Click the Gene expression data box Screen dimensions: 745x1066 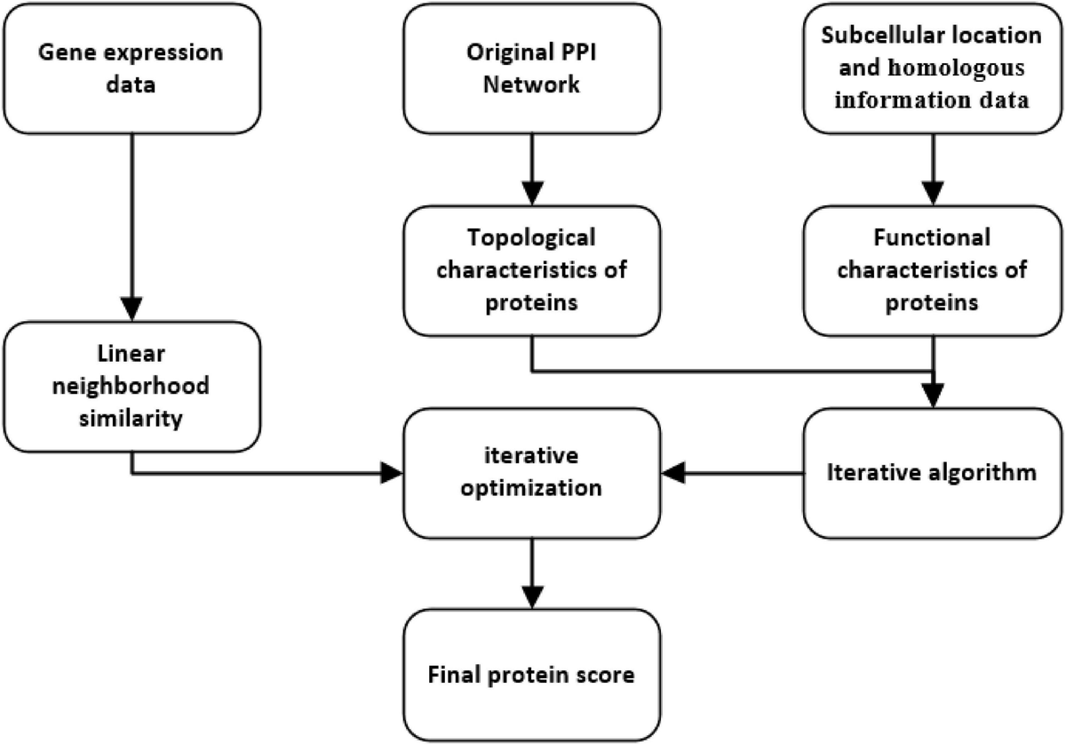click(x=131, y=68)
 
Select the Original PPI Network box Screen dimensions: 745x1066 click(x=530, y=68)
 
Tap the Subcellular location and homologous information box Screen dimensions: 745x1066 click(x=932, y=68)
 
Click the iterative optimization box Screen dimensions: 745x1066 click(x=530, y=472)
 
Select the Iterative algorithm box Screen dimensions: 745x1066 click(x=932, y=472)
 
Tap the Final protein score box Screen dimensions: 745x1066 click(x=530, y=674)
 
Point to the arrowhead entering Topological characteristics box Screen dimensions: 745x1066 click(x=530, y=193)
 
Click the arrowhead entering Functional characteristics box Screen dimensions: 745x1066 click(x=932, y=193)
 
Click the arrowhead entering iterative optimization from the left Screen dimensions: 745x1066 click(x=392, y=473)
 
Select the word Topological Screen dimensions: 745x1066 click(x=530, y=240)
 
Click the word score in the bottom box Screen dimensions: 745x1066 click(x=609, y=675)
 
